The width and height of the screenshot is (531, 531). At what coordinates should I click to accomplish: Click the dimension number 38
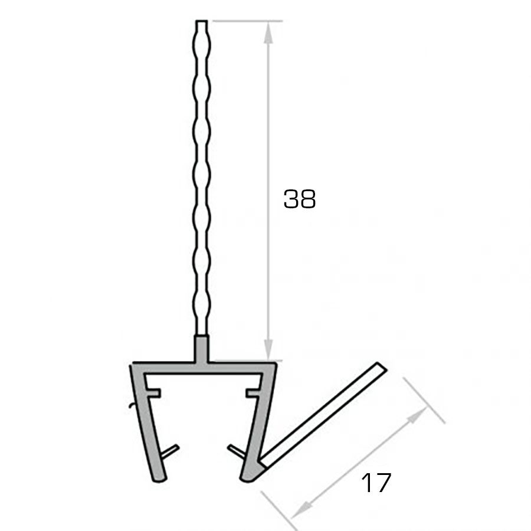(x=300, y=199)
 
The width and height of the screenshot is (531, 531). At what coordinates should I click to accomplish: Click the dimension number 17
(x=376, y=483)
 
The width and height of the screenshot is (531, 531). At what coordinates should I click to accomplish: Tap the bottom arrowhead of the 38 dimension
(x=268, y=350)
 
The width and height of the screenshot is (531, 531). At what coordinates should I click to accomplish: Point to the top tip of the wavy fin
(x=201, y=22)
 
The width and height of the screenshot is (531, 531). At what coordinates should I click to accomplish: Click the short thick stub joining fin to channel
(x=201, y=348)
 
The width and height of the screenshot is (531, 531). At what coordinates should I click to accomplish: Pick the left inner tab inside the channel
(x=154, y=392)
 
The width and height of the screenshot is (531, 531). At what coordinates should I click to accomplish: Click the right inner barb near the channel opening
(x=234, y=451)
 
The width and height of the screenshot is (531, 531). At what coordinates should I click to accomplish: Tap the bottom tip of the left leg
(x=158, y=478)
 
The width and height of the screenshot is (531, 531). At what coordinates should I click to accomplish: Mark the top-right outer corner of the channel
(x=276, y=364)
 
